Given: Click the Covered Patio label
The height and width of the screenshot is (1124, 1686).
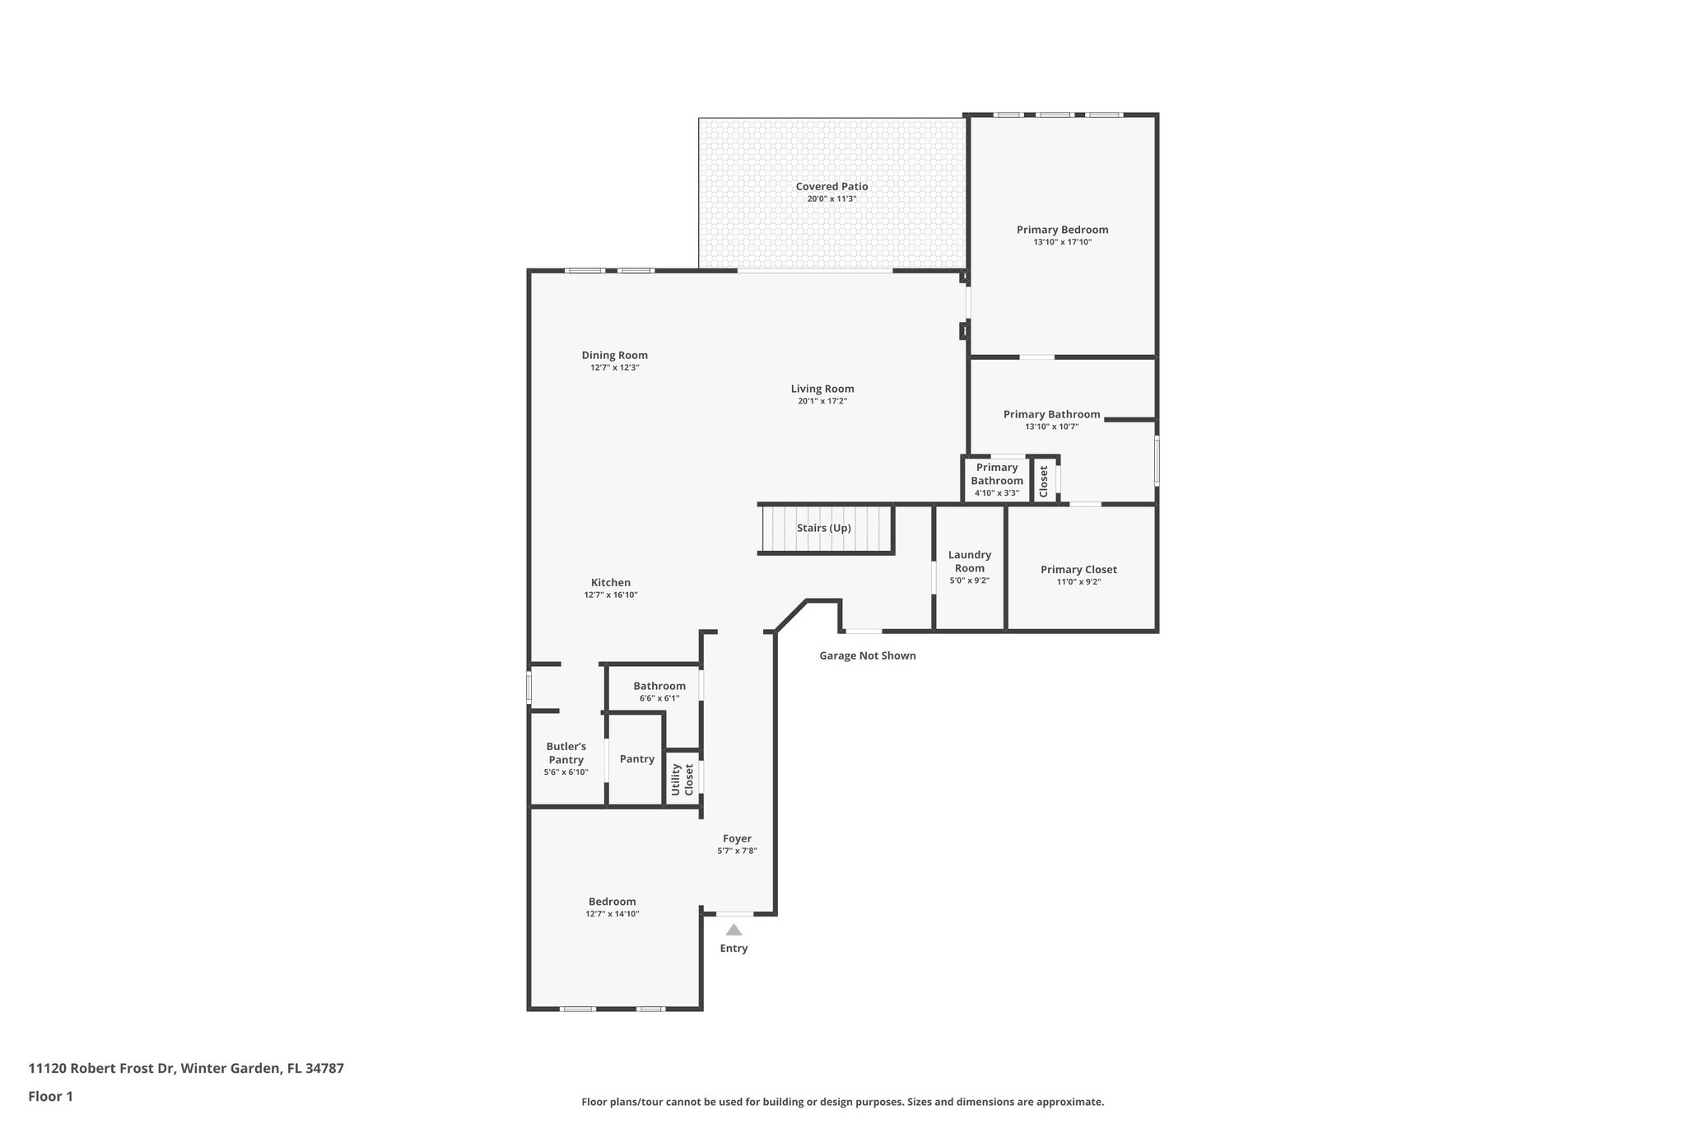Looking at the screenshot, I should tap(831, 187).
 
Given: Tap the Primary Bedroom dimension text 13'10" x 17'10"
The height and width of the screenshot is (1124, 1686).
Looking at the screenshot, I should tap(1062, 242).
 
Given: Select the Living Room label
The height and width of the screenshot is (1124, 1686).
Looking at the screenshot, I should tap(822, 389).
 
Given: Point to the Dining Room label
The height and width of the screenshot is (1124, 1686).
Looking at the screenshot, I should tap(614, 356).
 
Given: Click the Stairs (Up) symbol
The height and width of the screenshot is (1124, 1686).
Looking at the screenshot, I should tap(824, 529).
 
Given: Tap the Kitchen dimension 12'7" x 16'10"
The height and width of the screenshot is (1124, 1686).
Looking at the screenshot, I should tap(611, 595).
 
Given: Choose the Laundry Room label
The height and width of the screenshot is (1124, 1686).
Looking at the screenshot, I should tap(969, 562).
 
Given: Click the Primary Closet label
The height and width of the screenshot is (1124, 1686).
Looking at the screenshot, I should tap(1078, 570).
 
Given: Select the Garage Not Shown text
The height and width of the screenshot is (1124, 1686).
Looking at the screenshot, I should tap(867, 656).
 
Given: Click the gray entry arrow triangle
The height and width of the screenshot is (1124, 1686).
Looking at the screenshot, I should tap(734, 930).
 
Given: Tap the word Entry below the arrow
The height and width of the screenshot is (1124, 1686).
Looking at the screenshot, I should tap(734, 949).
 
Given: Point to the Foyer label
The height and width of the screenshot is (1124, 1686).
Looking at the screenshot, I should tap(737, 839).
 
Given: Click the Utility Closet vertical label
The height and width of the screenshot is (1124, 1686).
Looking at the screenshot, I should tap(682, 779).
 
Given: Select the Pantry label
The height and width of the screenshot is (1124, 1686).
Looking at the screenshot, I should tap(637, 759).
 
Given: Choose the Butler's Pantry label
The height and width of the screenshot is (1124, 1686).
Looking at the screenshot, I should tap(566, 753).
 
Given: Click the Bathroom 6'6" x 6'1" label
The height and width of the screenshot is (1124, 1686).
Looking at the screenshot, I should tap(659, 687).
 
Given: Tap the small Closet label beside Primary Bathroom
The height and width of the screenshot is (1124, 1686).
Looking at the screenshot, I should tap(1044, 482).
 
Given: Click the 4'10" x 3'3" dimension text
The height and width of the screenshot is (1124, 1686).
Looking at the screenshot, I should tap(996, 493).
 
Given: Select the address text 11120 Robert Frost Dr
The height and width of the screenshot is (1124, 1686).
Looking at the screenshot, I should tap(101, 1069).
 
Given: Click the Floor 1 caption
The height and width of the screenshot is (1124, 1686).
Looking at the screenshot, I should tap(50, 1097).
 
